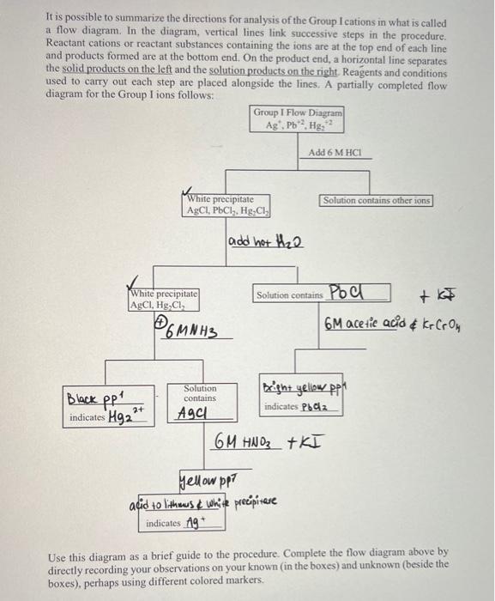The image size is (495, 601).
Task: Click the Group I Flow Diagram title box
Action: click(x=298, y=118)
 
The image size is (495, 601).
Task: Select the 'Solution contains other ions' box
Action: click(x=377, y=200)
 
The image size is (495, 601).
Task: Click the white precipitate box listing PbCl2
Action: click(x=228, y=205)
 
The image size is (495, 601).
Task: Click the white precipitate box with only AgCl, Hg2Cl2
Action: click(x=163, y=300)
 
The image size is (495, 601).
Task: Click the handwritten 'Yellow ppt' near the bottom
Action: click(x=202, y=477)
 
